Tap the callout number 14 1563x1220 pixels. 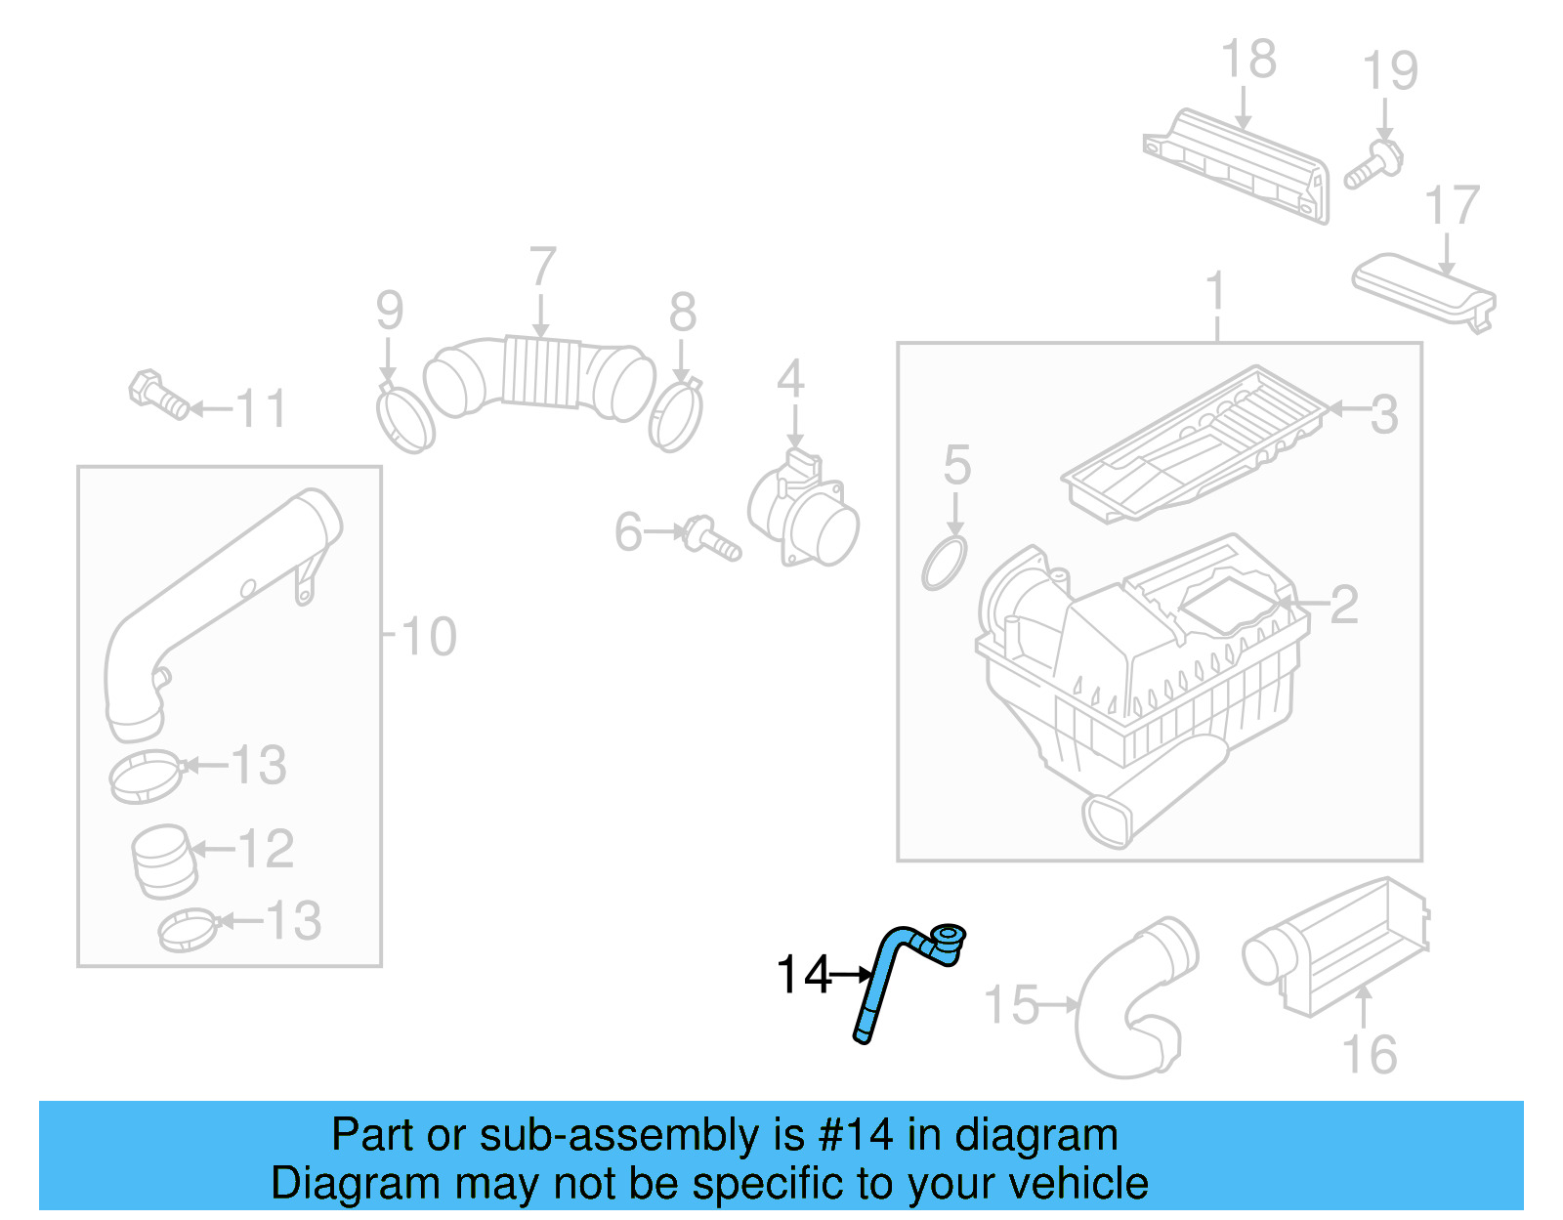click(x=803, y=975)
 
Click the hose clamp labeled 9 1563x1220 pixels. click(x=404, y=420)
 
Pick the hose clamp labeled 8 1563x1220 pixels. click(x=675, y=416)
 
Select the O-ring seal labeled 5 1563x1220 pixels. click(x=944, y=564)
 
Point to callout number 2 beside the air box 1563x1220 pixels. click(x=1344, y=605)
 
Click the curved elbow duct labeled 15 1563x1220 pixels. click(x=1133, y=1006)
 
